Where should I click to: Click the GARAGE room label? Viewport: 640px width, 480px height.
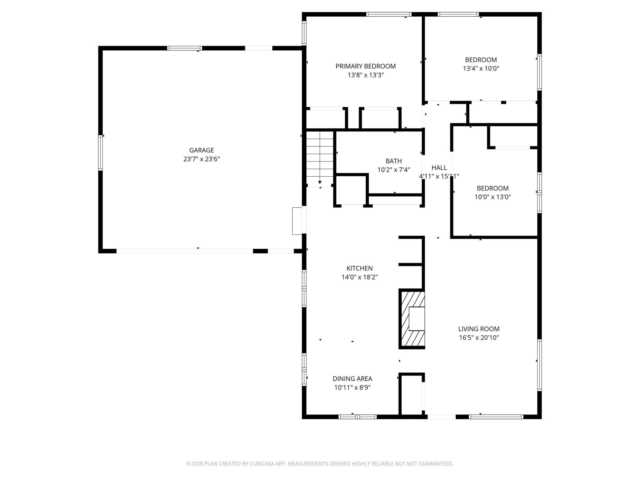tap(201, 150)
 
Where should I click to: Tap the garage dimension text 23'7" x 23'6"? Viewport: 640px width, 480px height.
tap(201, 159)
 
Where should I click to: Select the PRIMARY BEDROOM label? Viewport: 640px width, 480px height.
tap(365, 66)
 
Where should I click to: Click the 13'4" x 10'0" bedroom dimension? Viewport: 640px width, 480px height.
tap(481, 69)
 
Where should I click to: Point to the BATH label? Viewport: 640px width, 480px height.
tap(394, 161)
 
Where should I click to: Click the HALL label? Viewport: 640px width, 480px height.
tap(439, 168)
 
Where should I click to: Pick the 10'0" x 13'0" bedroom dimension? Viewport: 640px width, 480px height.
tap(492, 197)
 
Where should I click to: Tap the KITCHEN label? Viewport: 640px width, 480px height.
tap(359, 268)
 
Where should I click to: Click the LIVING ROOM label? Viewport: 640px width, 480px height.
tap(478, 329)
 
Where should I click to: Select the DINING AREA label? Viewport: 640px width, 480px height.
tap(352, 379)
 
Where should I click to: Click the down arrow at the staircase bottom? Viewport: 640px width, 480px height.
tap(320, 182)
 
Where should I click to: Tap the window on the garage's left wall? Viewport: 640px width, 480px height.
tap(100, 153)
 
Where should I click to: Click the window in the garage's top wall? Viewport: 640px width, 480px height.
tap(184, 48)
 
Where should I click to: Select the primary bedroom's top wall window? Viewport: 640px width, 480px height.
tap(389, 14)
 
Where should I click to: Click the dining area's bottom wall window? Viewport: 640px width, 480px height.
tap(358, 417)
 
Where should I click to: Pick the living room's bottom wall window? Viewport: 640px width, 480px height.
tap(496, 417)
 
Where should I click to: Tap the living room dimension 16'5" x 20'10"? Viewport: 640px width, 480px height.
tap(478, 338)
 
